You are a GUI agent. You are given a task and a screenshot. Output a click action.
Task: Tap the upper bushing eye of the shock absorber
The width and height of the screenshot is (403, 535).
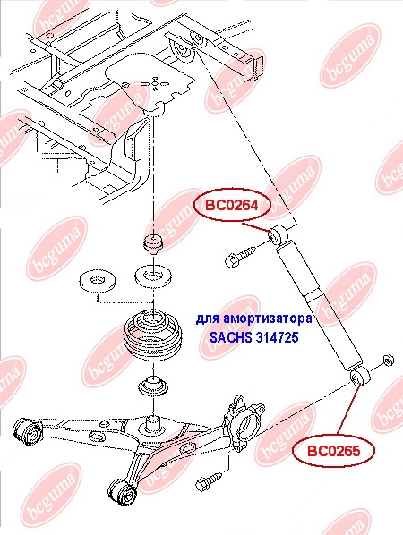[278, 234]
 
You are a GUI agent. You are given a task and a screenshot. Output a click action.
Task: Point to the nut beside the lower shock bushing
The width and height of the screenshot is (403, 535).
[387, 361]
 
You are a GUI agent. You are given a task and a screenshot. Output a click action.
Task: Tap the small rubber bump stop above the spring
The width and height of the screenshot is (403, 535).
[153, 244]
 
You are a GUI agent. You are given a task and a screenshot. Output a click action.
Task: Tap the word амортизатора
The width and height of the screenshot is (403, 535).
[267, 319]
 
